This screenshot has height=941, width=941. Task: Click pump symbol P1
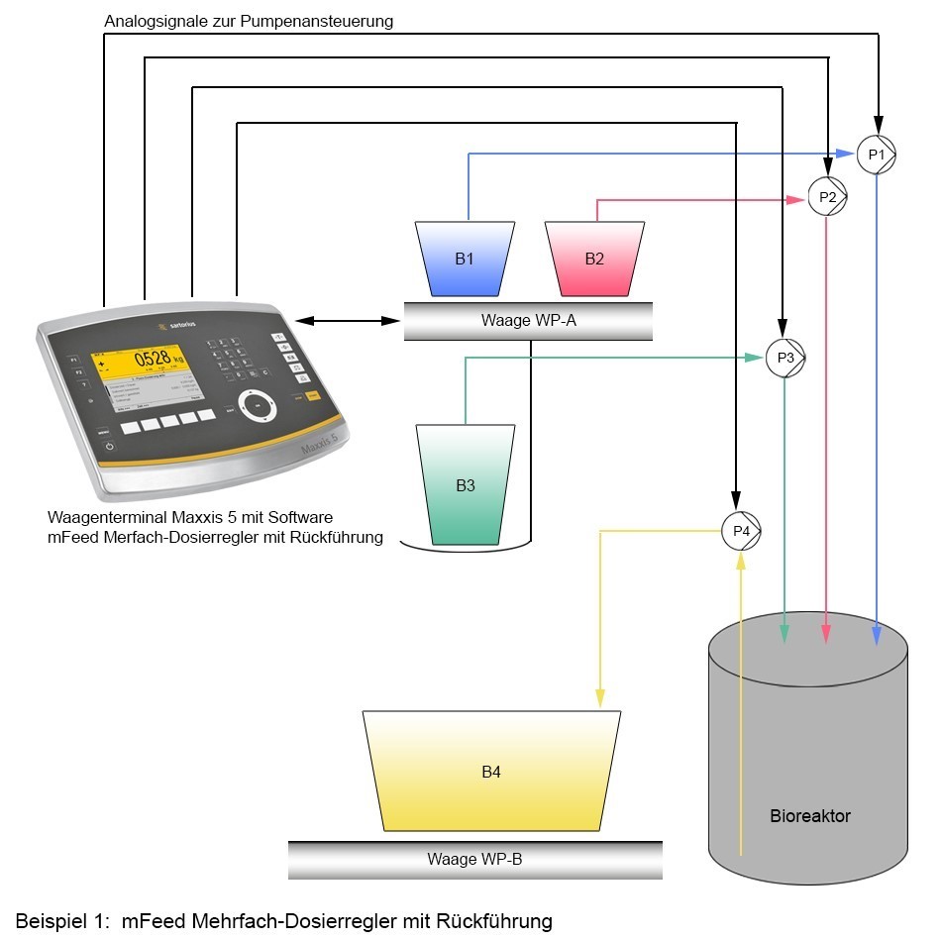point(876,155)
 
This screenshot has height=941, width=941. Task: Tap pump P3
point(784,359)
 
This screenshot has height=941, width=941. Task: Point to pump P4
point(741,531)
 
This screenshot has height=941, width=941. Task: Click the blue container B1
point(464,260)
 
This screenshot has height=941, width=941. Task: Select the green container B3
point(466,485)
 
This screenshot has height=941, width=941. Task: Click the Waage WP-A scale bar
point(528,321)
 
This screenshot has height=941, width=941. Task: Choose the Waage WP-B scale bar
point(474,859)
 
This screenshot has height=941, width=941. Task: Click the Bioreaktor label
point(809,816)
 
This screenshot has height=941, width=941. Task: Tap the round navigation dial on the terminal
point(258,405)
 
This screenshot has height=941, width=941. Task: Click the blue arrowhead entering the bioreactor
point(878,634)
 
